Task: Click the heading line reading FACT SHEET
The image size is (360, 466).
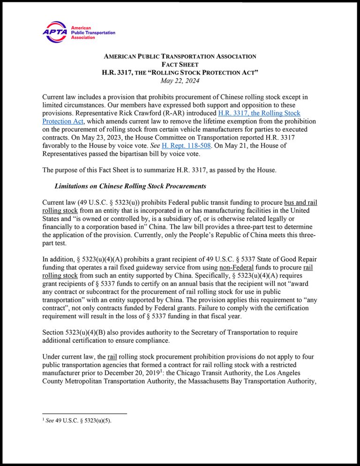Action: (x=180, y=64)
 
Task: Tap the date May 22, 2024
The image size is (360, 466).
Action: (x=180, y=81)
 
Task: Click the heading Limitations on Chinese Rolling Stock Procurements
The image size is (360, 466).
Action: (x=130, y=186)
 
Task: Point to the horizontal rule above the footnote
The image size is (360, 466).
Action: (x=84, y=413)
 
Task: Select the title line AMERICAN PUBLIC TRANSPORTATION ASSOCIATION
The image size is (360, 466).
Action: (x=180, y=56)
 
